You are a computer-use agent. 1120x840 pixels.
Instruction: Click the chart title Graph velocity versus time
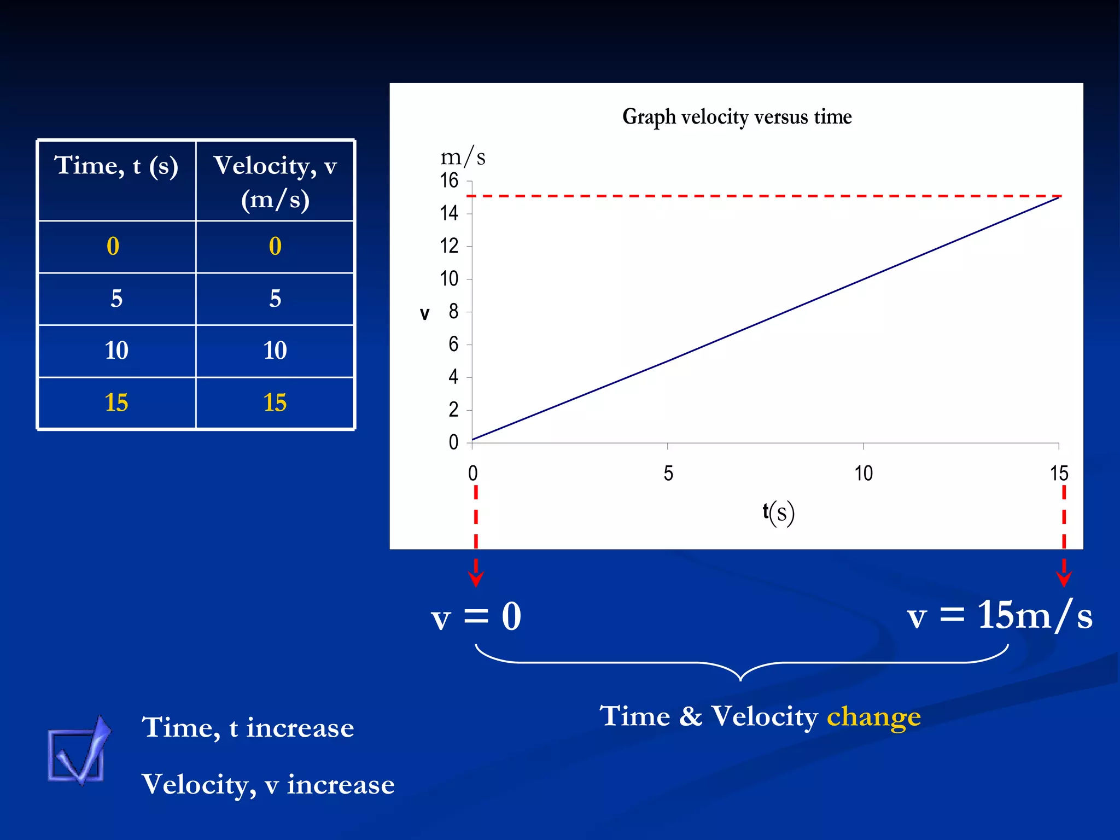[737, 117]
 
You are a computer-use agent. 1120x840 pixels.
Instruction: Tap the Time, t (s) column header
[116, 166]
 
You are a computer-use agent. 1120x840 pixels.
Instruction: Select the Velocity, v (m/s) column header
[275, 182]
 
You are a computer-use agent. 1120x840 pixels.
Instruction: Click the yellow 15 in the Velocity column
[275, 403]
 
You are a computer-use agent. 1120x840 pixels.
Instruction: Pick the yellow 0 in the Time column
[113, 247]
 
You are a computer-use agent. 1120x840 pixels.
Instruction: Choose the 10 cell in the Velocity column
[275, 351]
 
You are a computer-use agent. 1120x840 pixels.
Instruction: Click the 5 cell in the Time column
[116, 299]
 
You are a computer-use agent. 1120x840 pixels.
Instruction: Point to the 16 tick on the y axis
[449, 180]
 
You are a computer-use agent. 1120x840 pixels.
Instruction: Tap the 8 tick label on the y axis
[453, 312]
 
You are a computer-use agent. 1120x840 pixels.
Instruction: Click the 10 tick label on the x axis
[864, 474]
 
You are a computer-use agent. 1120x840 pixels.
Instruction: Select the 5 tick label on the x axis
[668, 474]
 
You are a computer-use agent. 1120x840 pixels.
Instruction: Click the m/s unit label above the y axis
[463, 157]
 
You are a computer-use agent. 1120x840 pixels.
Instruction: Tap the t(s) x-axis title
[778, 513]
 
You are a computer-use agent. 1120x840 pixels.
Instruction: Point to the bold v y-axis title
[424, 314]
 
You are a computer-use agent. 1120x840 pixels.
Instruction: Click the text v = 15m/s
[999, 616]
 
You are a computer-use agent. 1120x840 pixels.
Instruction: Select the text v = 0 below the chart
[476, 617]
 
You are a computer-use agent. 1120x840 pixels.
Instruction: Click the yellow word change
[873, 717]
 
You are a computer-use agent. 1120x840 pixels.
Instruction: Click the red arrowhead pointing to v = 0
[476, 579]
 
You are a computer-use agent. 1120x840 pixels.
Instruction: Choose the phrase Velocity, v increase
[268, 784]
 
